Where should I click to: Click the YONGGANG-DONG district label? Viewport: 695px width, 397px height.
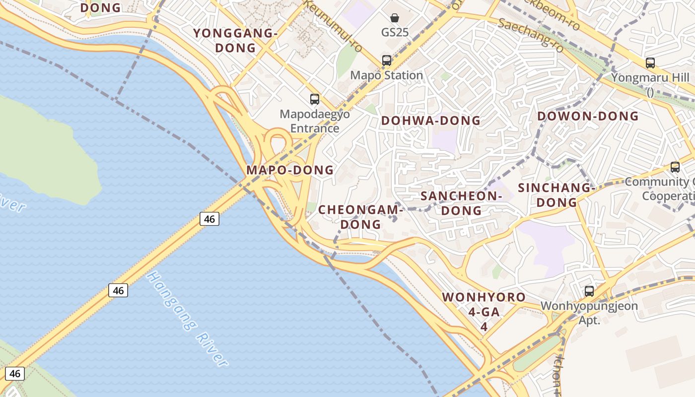[235, 41]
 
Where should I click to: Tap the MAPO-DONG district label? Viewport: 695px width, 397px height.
[290, 170]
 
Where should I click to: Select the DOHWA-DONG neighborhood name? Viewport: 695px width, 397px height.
[431, 121]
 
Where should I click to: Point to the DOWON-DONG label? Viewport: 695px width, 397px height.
[588, 116]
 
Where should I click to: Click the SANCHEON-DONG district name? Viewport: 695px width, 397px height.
[461, 203]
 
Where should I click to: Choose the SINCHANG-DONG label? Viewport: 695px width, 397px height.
[556, 195]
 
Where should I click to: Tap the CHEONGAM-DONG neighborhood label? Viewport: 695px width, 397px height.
[360, 217]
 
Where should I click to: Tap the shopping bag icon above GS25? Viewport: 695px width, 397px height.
[395, 18]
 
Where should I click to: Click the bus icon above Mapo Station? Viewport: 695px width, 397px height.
[387, 61]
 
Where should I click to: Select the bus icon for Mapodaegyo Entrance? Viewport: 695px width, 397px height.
[315, 99]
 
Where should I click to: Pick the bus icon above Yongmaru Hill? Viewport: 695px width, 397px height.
[650, 63]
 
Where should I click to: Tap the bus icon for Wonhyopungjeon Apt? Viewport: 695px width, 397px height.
[589, 291]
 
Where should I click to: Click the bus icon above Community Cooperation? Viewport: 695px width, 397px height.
[675, 167]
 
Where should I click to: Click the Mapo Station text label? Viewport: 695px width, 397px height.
[387, 75]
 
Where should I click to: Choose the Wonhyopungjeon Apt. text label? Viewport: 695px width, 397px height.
[589, 313]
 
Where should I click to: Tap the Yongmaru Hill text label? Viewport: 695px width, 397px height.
[650, 78]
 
